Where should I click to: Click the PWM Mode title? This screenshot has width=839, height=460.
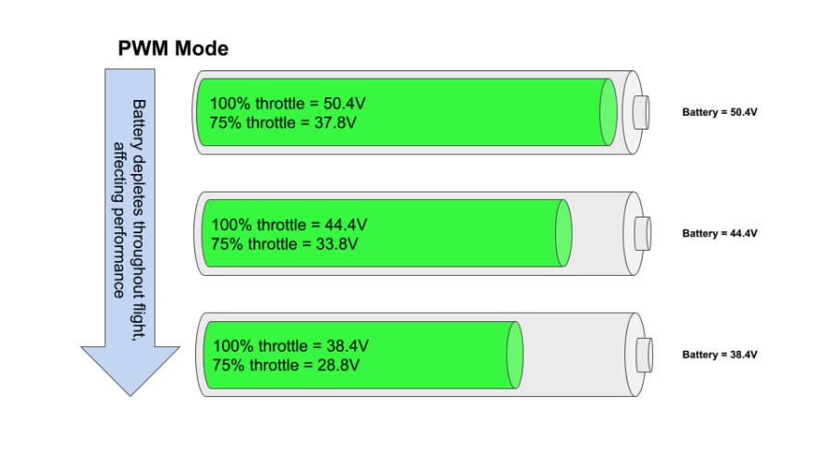coord(173,49)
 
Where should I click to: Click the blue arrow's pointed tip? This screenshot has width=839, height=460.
coord(130,396)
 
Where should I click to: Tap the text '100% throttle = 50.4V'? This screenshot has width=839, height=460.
coord(288,104)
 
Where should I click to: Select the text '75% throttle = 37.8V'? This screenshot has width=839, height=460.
coord(283,122)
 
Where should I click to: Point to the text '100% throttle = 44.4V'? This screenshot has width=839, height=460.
coord(290,224)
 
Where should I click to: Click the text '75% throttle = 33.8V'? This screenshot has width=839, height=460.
coord(285,244)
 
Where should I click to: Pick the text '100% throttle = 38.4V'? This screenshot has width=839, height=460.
coord(291,346)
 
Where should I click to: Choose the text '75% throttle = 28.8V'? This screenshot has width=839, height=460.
coord(286,366)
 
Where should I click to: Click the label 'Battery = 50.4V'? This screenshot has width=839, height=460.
coord(720,112)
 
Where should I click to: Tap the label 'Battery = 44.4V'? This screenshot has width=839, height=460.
coord(720,233)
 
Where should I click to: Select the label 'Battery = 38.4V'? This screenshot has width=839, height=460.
coord(720,354)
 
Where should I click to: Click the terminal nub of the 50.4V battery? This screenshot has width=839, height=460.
coord(641,112)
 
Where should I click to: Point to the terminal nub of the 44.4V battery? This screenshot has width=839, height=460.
coord(643,233)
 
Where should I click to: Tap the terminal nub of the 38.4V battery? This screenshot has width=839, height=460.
coord(644,354)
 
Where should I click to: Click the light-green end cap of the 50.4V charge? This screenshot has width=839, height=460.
coord(609,112)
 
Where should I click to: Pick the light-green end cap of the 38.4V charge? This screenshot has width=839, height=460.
coord(514,354)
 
